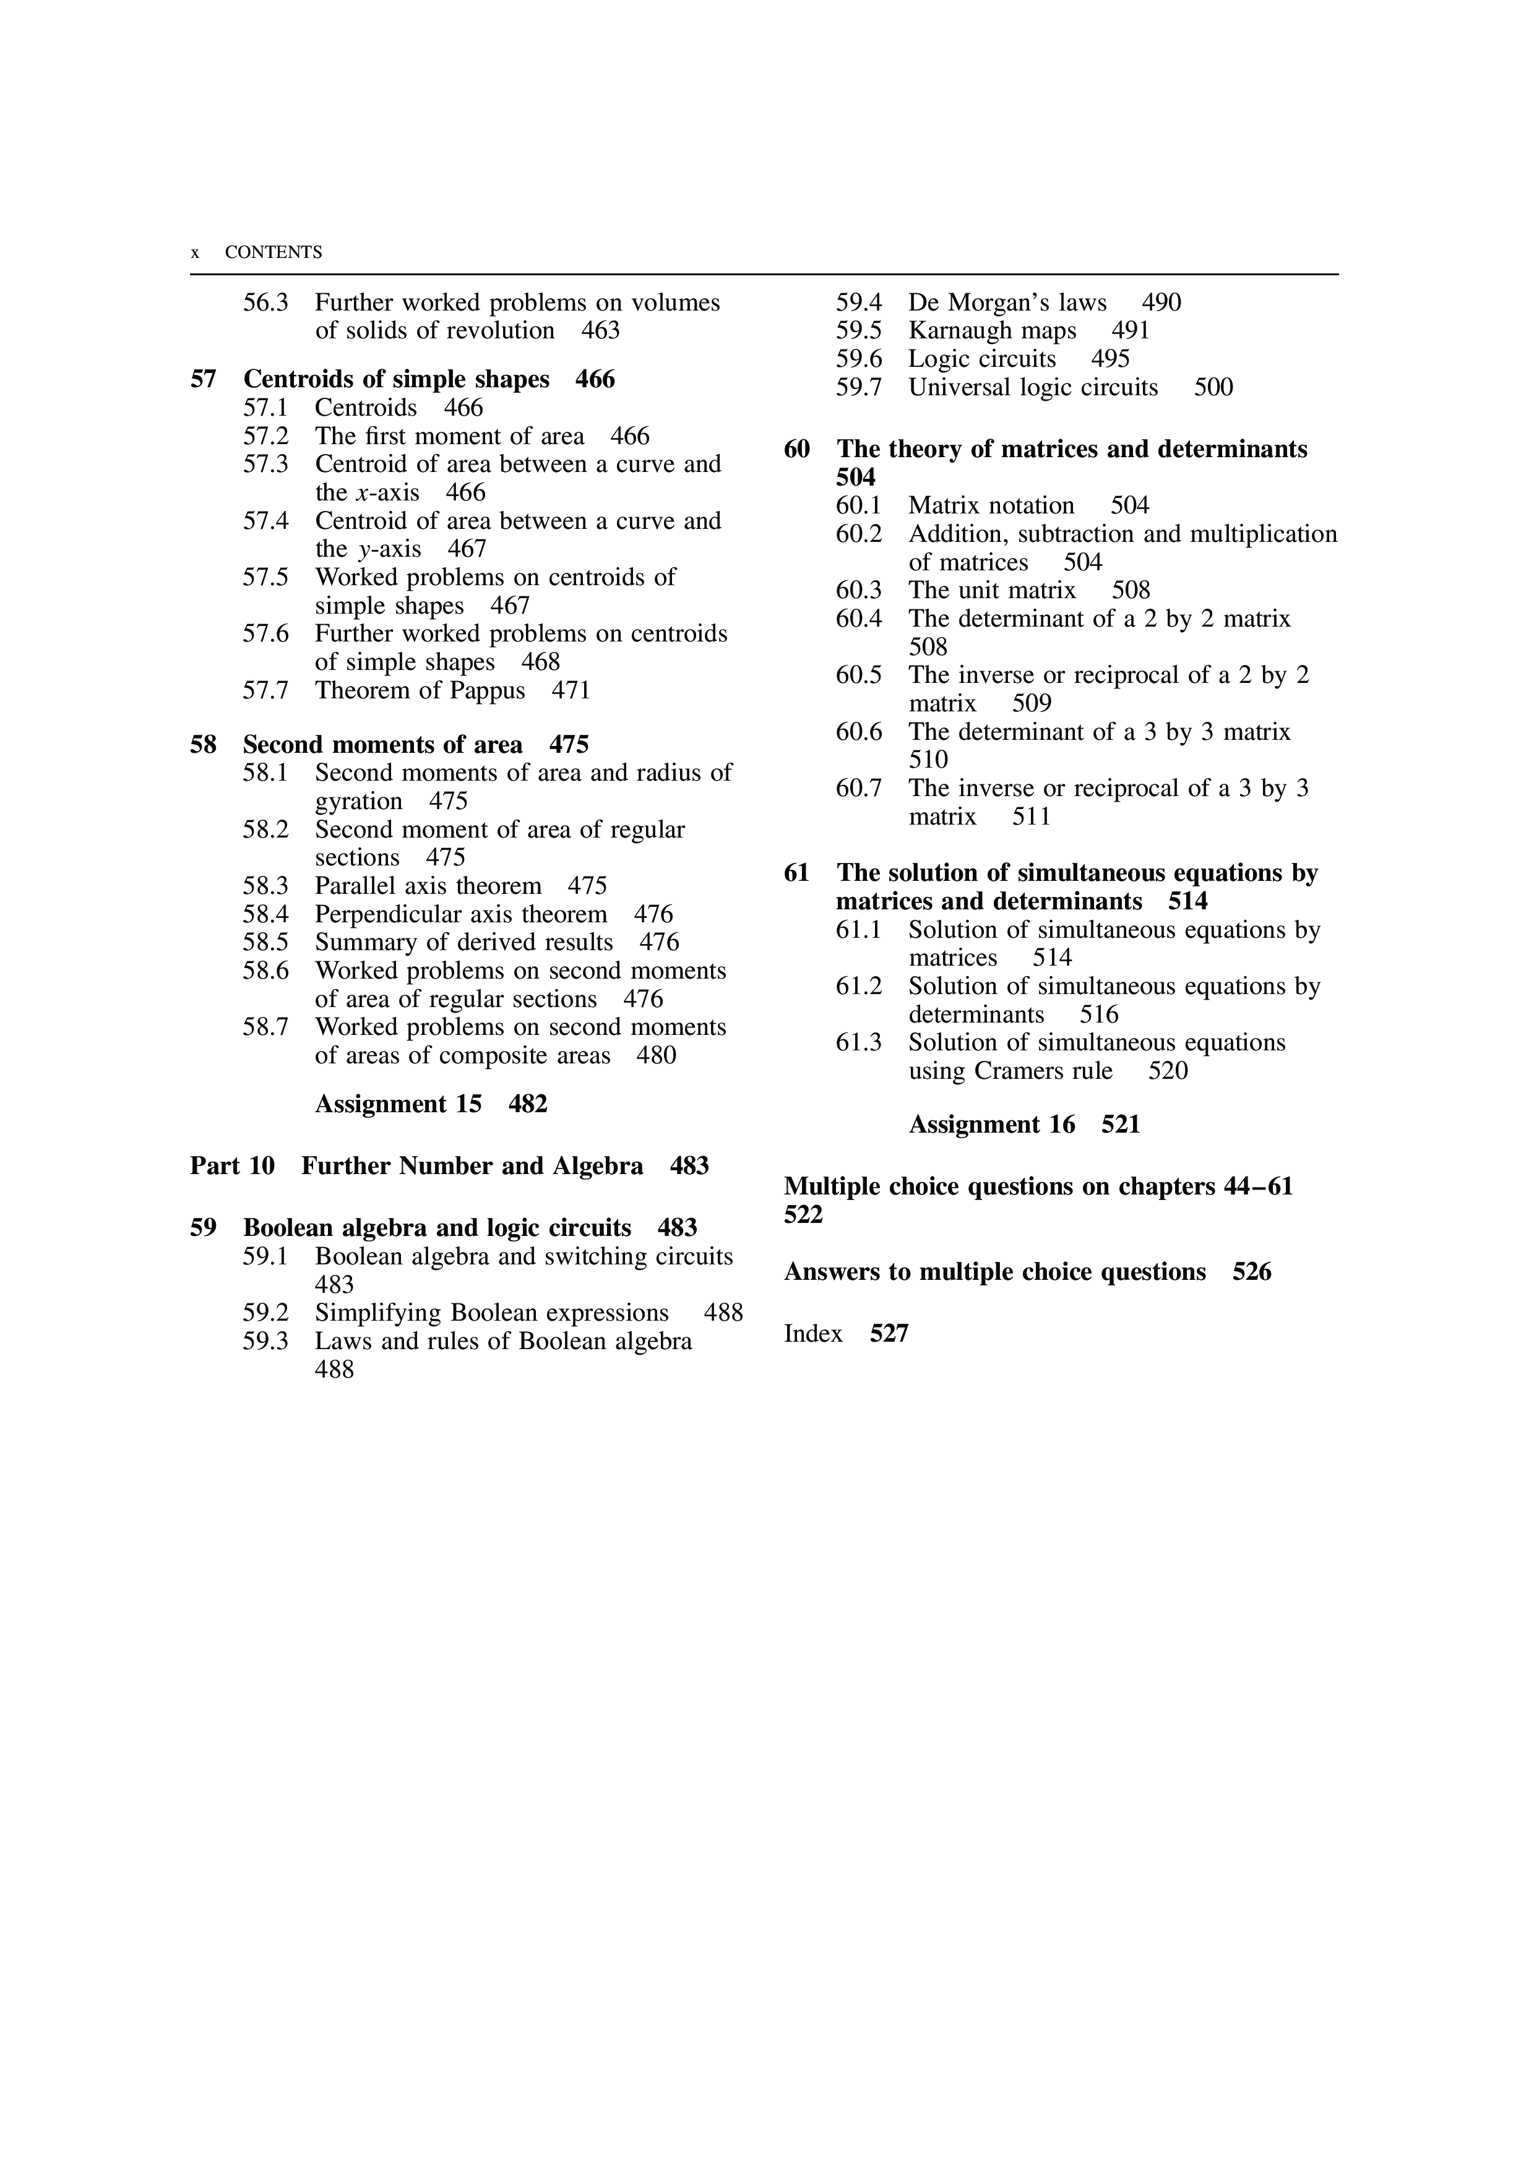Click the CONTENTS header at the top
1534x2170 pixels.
[x=273, y=252]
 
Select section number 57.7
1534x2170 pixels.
[x=265, y=691]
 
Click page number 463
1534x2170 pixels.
[x=600, y=331]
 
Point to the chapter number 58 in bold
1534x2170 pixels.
[x=203, y=745]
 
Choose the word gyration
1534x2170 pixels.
[x=358, y=802]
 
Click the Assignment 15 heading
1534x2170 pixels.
[x=398, y=1104]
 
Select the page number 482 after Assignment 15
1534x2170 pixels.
[x=527, y=1104]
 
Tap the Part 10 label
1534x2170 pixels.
[x=231, y=1166]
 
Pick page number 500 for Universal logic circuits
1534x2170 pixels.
[x=1213, y=387]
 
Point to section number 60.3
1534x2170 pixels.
[x=858, y=591]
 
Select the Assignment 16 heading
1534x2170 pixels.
[x=991, y=1125]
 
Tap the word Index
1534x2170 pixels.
[x=813, y=1334]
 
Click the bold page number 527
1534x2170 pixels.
[x=889, y=1334]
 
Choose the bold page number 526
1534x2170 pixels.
[x=1251, y=1272]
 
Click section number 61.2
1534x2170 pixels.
[x=858, y=987]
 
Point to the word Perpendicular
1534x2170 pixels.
[x=398, y=915]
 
